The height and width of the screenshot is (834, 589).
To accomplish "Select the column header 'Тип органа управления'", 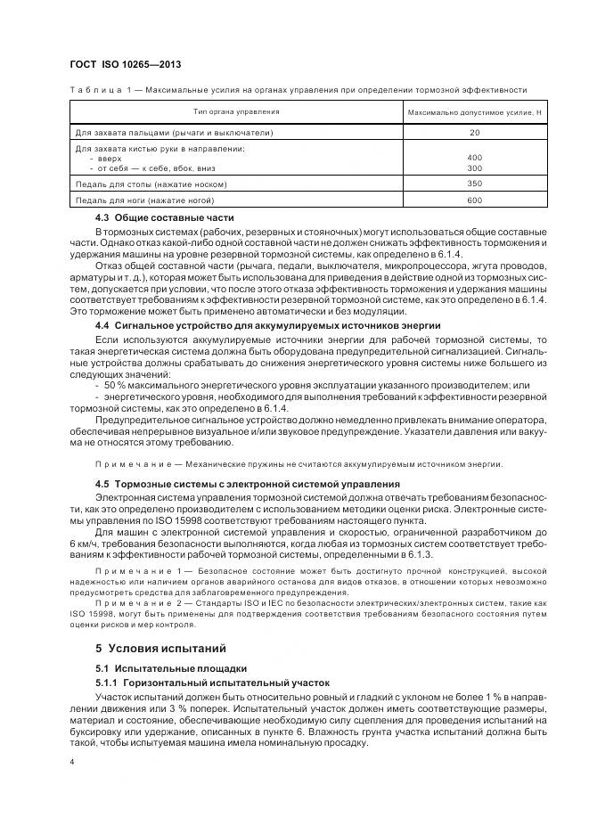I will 236,112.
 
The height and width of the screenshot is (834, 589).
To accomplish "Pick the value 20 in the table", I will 474,133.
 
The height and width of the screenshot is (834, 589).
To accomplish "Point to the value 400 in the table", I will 474,158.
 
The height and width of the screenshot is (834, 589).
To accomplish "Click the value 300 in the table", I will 474,168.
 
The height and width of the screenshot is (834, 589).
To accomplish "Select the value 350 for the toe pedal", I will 474,184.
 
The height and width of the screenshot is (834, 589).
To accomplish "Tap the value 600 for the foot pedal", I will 474,200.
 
